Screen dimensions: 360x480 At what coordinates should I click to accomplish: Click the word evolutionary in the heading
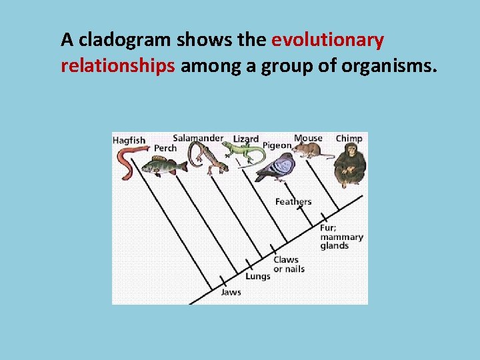[327, 41]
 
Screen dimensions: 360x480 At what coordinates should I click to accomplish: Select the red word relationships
[117, 66]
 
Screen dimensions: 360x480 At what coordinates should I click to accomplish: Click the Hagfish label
[129, 141]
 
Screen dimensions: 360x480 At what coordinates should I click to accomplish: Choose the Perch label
[165, 148]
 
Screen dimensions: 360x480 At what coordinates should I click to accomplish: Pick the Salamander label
[198, 138]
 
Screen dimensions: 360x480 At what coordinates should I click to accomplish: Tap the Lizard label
[246, 139]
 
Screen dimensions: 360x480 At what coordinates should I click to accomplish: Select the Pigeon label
[277, 145]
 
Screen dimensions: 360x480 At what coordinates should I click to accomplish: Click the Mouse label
[308, 138]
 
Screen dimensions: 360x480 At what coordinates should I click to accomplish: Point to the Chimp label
[349, 139]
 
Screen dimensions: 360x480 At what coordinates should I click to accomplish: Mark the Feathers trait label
[293, 202]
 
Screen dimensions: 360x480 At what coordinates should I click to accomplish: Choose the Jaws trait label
[231, 292]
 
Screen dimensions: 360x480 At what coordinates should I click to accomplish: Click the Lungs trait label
[258, 276]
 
